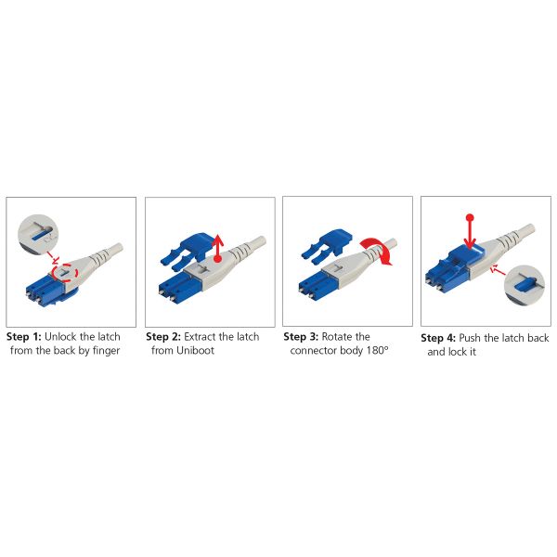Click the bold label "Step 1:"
click(24, 337)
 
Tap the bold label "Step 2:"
click(163, 337)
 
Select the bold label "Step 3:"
click(301, 337)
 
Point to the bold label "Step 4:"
click(438, 338)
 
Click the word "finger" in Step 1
click(106, 351)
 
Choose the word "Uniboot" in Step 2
click(195, 351)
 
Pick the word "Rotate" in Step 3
click(336, 337)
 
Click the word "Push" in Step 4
click(470, 338)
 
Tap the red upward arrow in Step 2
click(218, 248)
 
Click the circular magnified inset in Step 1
click(38, 234)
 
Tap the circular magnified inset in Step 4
click(525, 285)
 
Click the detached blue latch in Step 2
click(188, 251)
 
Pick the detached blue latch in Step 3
click(326, 246)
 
